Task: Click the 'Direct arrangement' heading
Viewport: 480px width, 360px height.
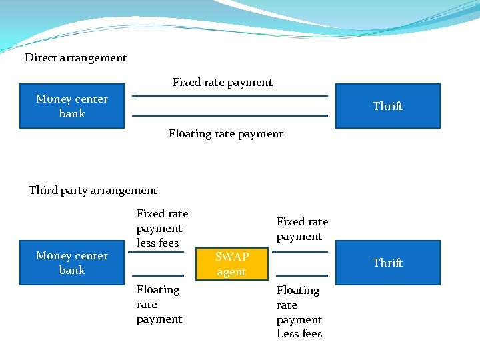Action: (x=75, y=58)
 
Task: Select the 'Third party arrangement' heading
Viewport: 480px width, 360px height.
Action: (x=93, y=191)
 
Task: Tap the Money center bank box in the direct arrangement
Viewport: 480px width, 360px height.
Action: (x=72, y=106)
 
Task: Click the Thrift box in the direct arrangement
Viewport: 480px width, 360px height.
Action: (x=387, y=106)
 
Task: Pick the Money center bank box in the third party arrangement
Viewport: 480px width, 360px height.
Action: (x=72, y=263)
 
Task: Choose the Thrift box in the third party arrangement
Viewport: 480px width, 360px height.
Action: (x=387, y=263)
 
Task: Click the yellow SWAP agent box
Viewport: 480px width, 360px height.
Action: (x=231, y=264)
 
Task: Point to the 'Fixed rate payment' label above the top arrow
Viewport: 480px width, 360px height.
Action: (x=223, y=83)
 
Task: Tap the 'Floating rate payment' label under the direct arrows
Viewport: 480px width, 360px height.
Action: (x=226, y=134)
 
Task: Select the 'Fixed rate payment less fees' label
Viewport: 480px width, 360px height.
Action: (x=162, y=228)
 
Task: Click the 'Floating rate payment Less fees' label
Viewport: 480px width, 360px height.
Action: (x=299, y=312)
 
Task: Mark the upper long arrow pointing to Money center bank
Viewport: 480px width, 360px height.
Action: (x=230, y=96)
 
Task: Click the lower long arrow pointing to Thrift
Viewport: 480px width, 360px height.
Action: (x=230, y=116)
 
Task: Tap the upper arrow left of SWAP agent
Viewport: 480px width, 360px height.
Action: (x=157, y=253)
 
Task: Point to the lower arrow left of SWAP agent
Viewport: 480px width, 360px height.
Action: (x=157, y=275)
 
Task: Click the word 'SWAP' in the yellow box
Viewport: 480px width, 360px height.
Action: (x=231, y=257)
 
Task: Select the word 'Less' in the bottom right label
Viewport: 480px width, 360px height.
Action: (x=288, y=334)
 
